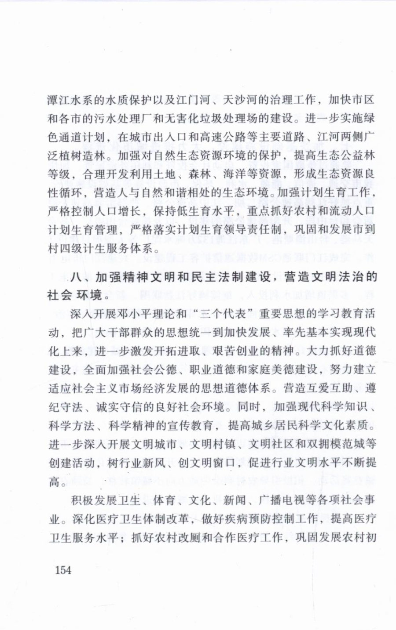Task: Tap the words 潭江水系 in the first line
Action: pyautogui.click(x=71, y=100)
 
